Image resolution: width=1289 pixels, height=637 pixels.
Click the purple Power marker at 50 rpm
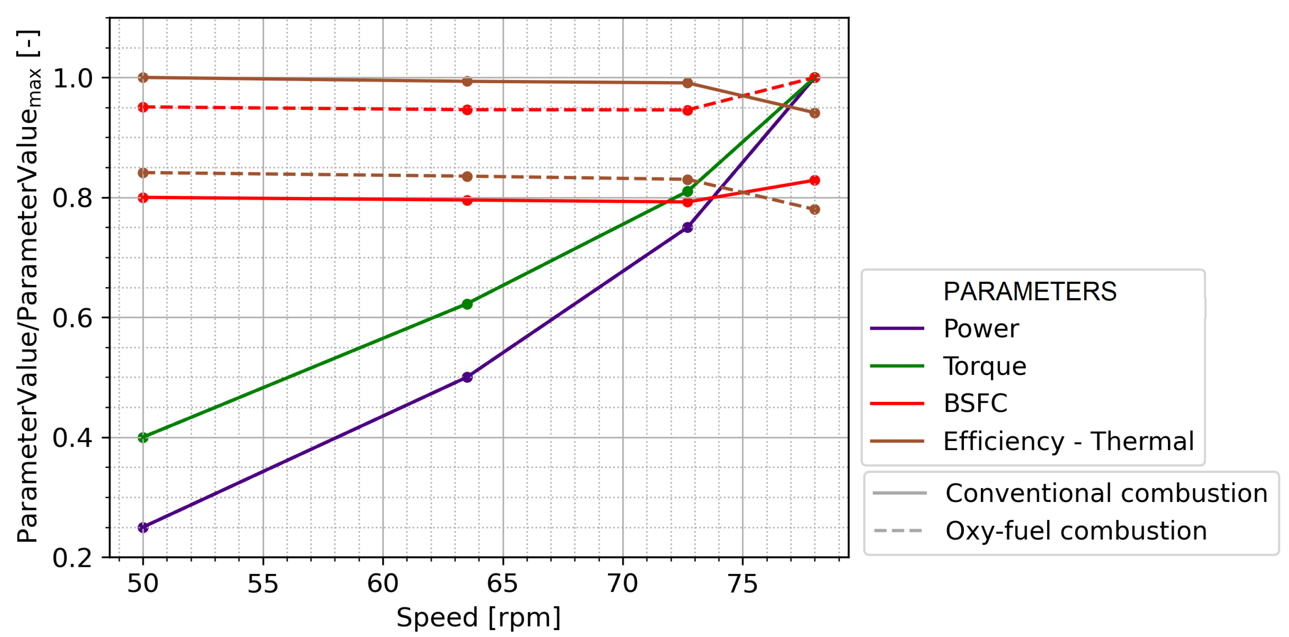point(143,528)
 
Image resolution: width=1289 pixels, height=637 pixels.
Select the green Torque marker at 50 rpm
point(143,438)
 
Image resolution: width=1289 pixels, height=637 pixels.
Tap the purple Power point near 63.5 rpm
point(467,377)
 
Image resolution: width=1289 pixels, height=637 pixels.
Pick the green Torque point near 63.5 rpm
point(467,304)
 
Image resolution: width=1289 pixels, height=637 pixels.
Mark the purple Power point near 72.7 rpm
point(688,227)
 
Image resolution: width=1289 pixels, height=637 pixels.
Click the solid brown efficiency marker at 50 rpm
point(143,78)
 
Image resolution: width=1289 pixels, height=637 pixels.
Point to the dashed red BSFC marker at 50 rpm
point(143,107)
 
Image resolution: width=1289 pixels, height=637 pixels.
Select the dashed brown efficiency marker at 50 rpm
point(143,173)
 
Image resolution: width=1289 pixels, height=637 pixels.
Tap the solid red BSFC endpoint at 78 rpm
point(814,181)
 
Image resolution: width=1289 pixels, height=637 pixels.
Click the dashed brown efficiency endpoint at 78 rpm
point(814,209)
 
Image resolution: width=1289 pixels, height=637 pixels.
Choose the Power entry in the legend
point(981,328)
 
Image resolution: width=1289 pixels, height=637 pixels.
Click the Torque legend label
point(984,366)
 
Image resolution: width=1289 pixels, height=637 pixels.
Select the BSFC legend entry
point(975,404)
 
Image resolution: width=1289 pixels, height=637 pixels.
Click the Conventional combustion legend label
point(1106,493)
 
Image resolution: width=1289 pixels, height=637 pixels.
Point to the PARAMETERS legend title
point(1030,291)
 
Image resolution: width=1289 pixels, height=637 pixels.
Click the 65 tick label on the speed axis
point(502,583)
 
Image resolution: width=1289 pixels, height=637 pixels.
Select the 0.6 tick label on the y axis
point(73,318)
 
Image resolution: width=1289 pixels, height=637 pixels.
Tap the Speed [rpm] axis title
point(478,617)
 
